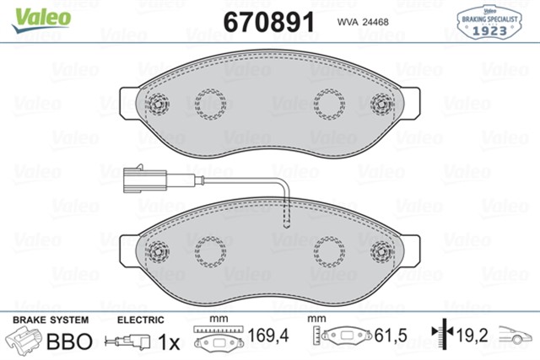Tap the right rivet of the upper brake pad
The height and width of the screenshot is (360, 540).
380,105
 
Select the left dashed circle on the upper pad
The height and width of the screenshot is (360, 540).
209,104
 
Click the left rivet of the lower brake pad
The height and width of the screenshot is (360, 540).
159,249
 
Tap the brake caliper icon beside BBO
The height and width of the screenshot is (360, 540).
25,341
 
